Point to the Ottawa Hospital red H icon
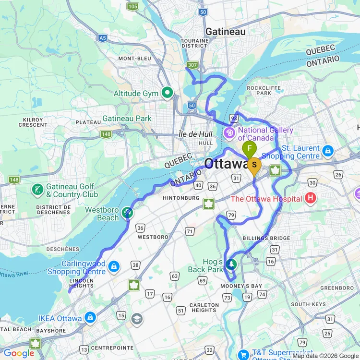(311, 197)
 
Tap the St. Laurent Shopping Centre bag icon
(328, 151)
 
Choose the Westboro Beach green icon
(127, 212)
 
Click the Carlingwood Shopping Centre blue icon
(114, 266)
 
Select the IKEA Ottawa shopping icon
(90, 317)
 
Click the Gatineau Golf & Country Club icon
(37, 190)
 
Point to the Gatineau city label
(225, 32)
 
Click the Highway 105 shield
(133, 6)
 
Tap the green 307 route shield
(192, 65)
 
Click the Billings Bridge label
(266, 238)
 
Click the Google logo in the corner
(18, 353)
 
